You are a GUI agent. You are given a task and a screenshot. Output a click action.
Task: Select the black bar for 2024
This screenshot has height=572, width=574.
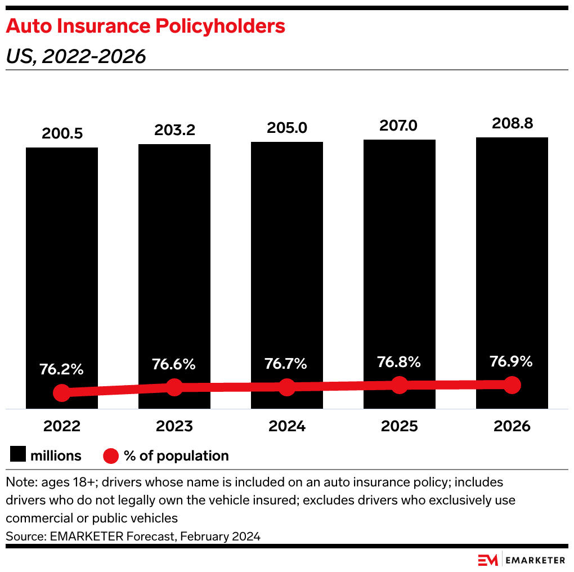pos(287,253)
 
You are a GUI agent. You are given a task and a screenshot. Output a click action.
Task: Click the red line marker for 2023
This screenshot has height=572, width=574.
pos(174,387)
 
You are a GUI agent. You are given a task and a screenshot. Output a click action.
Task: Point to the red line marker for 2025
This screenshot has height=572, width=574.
pos(399,385)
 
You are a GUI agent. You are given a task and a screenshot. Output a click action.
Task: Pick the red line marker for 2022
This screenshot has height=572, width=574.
pos(62,393)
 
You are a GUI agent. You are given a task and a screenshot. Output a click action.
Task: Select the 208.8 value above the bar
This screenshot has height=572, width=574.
pos(512,123)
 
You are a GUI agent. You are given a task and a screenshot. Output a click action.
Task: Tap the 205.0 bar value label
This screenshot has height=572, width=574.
pos(287,128)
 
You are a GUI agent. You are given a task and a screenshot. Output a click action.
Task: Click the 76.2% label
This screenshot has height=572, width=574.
pos(61,370)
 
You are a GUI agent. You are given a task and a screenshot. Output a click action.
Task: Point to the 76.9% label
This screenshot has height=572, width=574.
pos(511,361)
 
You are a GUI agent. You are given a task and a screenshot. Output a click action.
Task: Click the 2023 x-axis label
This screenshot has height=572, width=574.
pos(174,426)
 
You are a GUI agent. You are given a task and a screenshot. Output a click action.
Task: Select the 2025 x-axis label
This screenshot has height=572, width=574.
pos(400,426)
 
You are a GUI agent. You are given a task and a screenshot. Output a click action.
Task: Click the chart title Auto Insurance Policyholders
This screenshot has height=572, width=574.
pos(146,26)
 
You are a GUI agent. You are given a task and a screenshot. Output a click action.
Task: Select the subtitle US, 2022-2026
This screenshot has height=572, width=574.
pos(76,56)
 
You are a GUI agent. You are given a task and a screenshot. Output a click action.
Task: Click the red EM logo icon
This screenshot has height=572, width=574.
pos(488,560)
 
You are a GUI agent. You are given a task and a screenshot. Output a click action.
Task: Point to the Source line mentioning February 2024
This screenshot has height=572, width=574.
pos(133,537)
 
